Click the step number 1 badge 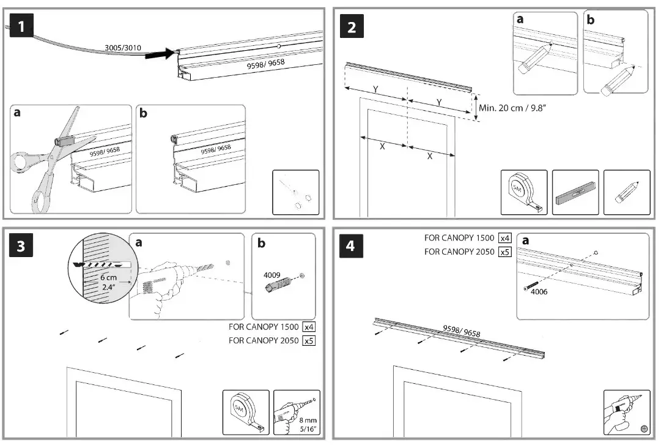[x=22, y=28]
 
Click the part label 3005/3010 [x=123, y=47]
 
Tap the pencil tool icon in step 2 [x=627, y=193]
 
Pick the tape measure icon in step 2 [x=524, y=193]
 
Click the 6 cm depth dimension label [x=108, y=277]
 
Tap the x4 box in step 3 [x=309, y=327]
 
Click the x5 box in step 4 [x=504, y=251]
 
